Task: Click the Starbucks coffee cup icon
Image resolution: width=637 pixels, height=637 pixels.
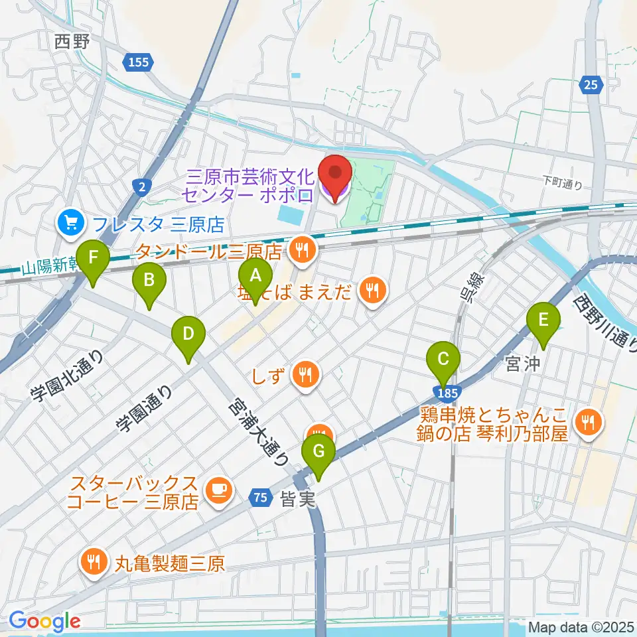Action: pos(217,490)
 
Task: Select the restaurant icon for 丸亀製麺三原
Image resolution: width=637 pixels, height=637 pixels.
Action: pos(92,563)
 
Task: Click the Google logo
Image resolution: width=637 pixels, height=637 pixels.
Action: pos(44,621)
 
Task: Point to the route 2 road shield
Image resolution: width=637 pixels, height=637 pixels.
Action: pos(143,188)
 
